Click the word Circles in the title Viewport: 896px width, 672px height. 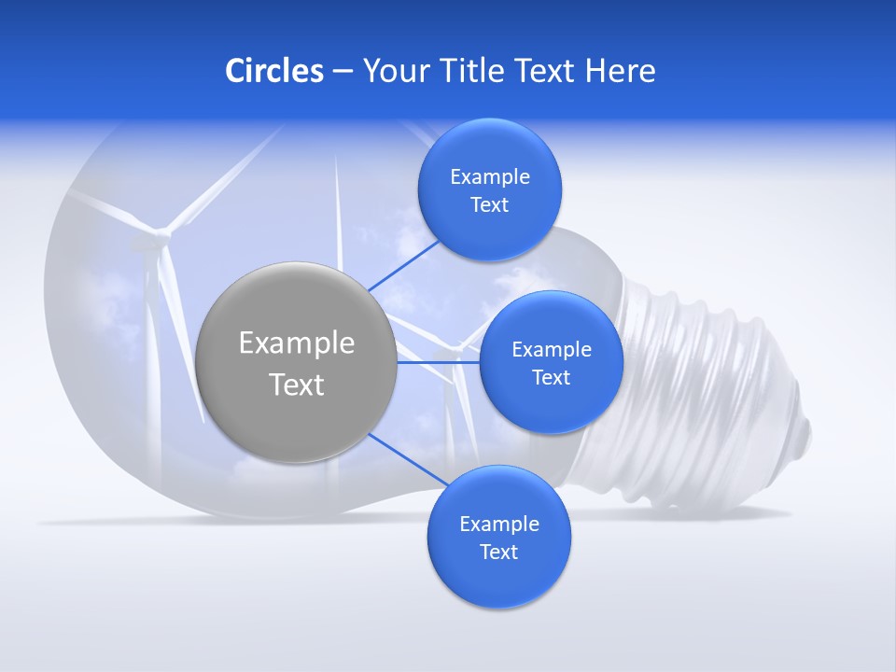(273, 71)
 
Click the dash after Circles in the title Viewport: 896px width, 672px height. (343, 72)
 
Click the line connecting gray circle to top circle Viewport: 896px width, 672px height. (403, 265)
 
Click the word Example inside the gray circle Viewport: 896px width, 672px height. (296, 343)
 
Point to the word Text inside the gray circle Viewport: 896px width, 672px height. (296, 385)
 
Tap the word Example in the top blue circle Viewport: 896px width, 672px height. (489, 177)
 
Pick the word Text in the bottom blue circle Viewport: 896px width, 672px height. (498, 552)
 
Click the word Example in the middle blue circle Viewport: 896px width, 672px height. (551, 350)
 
